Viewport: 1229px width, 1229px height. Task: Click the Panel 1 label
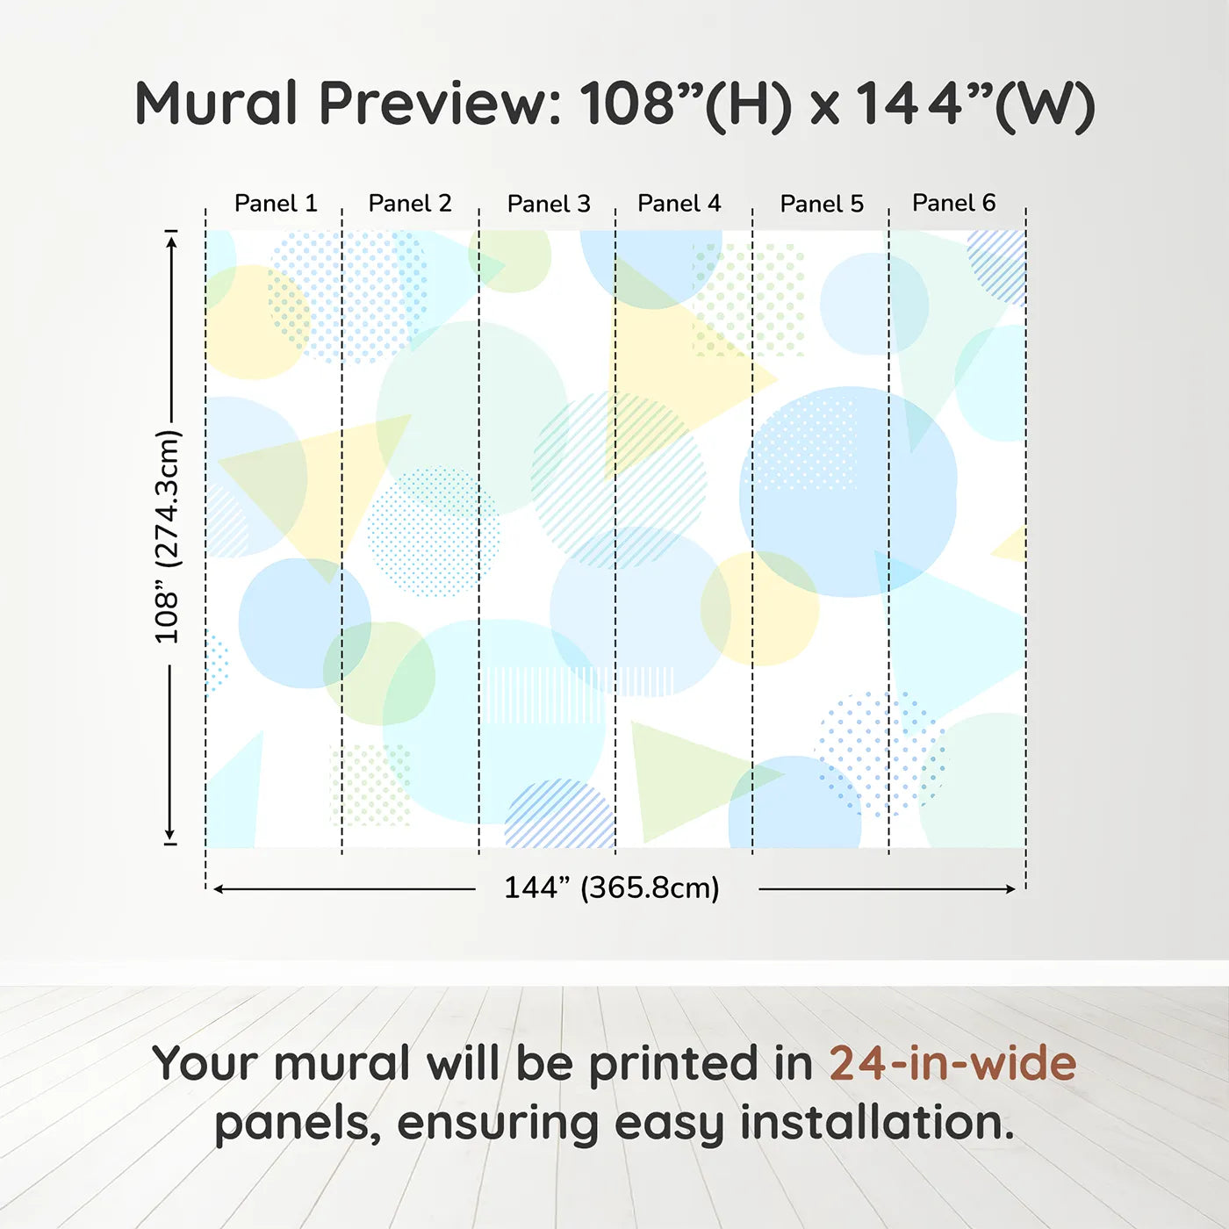point(276,204)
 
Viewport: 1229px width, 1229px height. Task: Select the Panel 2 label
point(410,204)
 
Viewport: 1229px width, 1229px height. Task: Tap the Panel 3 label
point(549,205)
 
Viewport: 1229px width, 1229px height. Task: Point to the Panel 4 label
point(679,204)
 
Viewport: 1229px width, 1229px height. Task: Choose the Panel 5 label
point(822,205)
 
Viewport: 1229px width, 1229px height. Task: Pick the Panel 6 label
point(953,204)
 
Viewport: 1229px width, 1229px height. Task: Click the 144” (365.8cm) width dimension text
point(611,888)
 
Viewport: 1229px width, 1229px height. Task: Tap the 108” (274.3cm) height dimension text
point(167,536)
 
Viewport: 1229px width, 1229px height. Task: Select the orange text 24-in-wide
point(952,1063)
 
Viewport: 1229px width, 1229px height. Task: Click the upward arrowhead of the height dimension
point(171,239)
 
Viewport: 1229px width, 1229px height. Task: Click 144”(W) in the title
point(974,104)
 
